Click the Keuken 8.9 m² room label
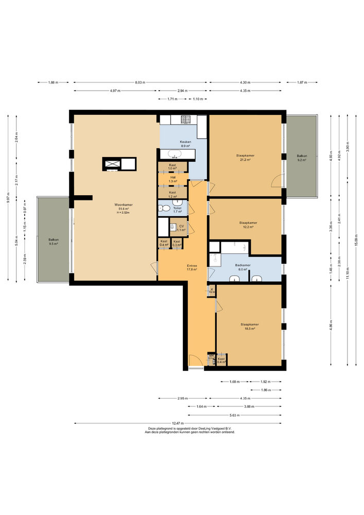pyautogui.click(x=185, y=144)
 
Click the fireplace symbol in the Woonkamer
pyautogui.click(x=112, y=164)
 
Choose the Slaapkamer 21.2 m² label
pyautogui.click(x=245, y=157)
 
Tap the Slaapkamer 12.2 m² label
pyautogui.click(x=248, y=225)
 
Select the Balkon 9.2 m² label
pyautogui.click(x=301, y=158)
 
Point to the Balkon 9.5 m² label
pyautogui.click(x=54, y=241)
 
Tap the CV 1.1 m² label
pyautogui.click(x=181, y=228)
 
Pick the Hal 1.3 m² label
pyautogui.click(x=172, y=179)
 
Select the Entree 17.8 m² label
pyautogui.click(x=192, y=267)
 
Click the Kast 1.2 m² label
pyautogui.click(x=172, y=194)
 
